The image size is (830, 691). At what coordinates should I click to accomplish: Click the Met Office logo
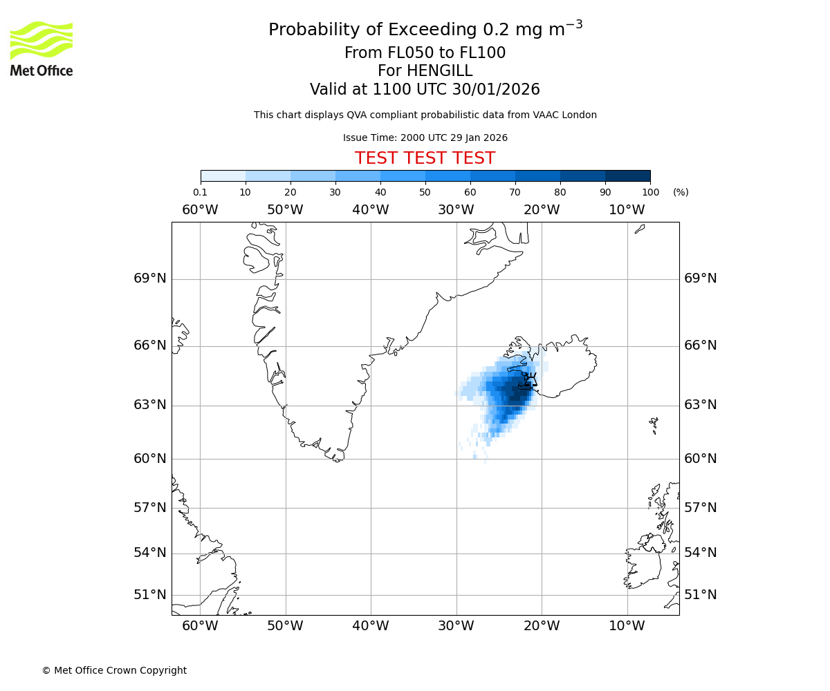tap(41, 48)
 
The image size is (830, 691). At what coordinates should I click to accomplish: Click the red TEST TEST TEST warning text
tap(425, 158)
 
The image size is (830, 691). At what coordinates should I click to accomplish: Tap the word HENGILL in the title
tap(441, 71)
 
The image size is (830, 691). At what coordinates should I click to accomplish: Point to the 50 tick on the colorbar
tap(425, 192)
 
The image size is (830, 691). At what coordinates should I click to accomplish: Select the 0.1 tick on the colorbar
tap(201, 192)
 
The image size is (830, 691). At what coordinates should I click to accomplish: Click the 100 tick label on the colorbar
tap(650, 192)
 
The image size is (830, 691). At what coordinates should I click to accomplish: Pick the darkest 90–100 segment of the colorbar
tap(627, 176)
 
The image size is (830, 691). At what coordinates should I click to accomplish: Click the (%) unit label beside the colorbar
tap(681, 192)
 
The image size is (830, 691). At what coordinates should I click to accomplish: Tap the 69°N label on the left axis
tap(149, 278)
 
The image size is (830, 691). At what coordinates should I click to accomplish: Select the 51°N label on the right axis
tap(700, 595)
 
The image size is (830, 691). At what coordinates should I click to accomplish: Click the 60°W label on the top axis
tap(200, 210)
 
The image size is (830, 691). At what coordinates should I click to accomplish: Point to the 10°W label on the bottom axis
tap(627, 627)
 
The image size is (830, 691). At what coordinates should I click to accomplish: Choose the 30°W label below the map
tap(456, 627)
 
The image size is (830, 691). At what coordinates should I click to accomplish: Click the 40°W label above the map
tap(371, 210)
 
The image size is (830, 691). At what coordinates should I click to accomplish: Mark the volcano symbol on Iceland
tap(529, 379)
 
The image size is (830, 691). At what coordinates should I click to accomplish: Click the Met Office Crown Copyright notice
tap(114, 670)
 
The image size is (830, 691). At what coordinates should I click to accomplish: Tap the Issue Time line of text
tap(425, 138)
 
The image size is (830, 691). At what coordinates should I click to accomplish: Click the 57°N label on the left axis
tap(149, 508)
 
